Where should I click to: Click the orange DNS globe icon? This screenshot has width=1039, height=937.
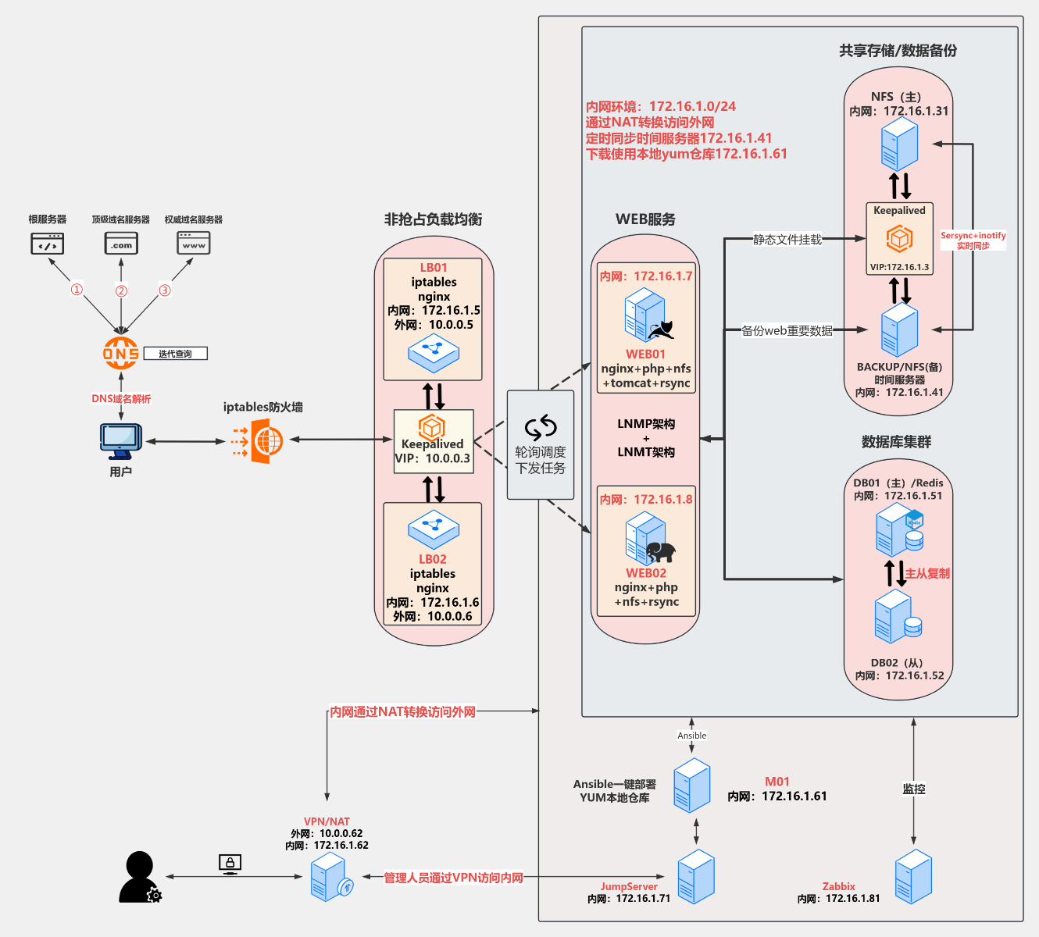pyautogui.click(x=120, y=353)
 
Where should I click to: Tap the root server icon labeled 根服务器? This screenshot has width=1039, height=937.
pyautogui.click(x=47, y=244)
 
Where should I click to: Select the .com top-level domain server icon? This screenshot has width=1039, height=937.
pyautogui.click(x=121, y=244)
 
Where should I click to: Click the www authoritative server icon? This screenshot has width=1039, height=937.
pyautogui.click(x=193, y=244)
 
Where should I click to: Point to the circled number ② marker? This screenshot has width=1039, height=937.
pyautogui.click(x=121, y=291)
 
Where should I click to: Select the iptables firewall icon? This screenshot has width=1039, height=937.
pyautogui.click(x=257, y=441)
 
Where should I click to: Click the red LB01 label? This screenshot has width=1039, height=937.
pyautogui.click(x=434, y=268)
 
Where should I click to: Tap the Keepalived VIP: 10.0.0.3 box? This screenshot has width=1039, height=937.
pyautogui.click(x=434, y=442)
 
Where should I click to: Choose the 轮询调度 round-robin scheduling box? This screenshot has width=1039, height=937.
pyautogui.click(x=541, y=445)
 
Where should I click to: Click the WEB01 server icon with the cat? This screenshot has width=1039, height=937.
pyautogui.click(x=648, y=316)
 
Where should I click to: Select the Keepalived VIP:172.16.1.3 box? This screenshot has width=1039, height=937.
pyautogui.click(x=899, y=238)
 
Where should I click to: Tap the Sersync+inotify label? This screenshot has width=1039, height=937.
pyautogui.click(x=973, y=240)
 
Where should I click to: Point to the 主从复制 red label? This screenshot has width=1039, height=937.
pyautogui.click(x=927, y=573)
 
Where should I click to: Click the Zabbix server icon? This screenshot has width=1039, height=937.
pyautogui.click(x=913, y=877)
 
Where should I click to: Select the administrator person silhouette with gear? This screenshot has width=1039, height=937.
pyautogui.click(x=140, y=877)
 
